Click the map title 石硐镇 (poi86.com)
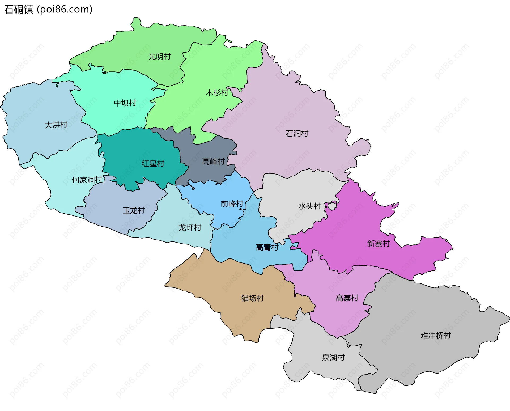tap(48, 9)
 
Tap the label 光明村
tap(159, 57)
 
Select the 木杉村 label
tap(217, 93)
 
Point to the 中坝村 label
tap(125, 103)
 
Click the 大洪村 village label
tap(56, 125)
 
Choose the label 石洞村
tap(297, 134)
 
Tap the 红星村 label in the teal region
tap(153, 164)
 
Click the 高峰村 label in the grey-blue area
tap(213, 162)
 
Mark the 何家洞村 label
tap(87, 180)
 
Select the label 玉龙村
tap(134, 211)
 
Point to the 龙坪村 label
tap(190, 228)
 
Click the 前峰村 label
tap(232, 204)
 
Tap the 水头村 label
tap(309, 206)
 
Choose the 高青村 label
tap(267, 248)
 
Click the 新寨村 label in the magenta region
tap(378, 244)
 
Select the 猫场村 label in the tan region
tap(252, 298)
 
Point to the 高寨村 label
tap(347, 298)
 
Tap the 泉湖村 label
tap(333, 358)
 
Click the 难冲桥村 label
tap(435, 336)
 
